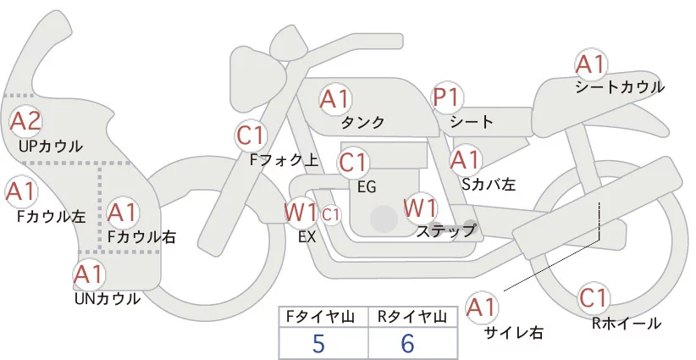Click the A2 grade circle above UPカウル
pos(26,121)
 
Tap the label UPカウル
pos(51,147)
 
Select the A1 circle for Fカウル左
pos(20,191)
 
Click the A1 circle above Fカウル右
pos(124,212)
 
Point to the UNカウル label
pos(107,298)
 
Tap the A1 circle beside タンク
pos(334,99)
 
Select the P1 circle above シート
pos(446,98)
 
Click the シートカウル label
pos(619,87)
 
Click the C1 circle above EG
pos(352,162)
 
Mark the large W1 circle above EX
pos(301,211)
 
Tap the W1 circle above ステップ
pos(420,207)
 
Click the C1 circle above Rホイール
pos(594,298)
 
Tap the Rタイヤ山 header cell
pos(413,318)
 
